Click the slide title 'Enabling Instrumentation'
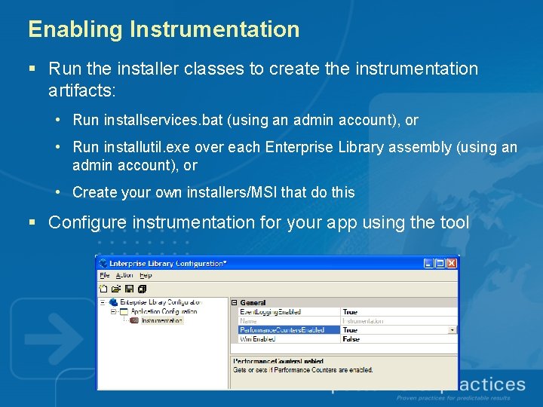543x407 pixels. [164, 29]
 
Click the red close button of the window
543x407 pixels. [451, 263]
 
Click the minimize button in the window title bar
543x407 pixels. [428, 263]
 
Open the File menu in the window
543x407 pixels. [105, 275]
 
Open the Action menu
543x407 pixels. [124, 275]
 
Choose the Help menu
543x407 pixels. [145, 275]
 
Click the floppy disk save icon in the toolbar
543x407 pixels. [129, 288]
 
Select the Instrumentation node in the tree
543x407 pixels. [161, 320]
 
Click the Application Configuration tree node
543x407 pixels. [164, 311]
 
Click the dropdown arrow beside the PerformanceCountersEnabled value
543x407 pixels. [452, 330]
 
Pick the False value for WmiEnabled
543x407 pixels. [351, 339]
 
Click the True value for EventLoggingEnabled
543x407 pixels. [351, 312]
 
